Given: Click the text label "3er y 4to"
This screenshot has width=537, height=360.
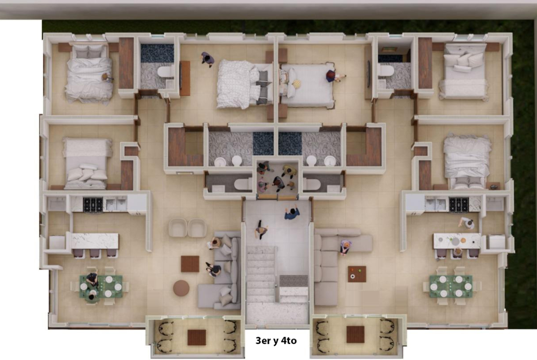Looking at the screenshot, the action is (276, 340).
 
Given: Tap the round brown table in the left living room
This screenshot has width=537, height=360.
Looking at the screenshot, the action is (181, 288).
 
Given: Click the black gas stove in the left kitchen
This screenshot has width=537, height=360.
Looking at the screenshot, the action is (93, 205).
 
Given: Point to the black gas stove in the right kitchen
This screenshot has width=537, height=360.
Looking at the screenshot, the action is (459, 205).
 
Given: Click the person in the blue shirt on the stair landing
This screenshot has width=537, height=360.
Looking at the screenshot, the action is (292, 214).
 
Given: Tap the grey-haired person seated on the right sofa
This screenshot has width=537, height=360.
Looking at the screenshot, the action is (345, 246).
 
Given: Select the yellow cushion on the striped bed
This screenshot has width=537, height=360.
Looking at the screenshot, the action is (296, 83).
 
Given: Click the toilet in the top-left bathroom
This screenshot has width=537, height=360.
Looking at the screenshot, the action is (165, 72).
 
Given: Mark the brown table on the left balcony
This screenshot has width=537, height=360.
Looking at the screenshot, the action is (196, 337).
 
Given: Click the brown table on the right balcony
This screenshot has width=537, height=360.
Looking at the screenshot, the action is (355, 334).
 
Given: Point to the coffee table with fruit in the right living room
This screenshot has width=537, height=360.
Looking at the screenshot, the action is (357, 274).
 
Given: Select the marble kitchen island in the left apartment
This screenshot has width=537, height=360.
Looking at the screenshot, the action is (95, 241).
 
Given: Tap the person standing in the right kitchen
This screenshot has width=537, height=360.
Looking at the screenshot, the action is (467, 223).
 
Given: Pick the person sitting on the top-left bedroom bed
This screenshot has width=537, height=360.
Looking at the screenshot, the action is (107, 78).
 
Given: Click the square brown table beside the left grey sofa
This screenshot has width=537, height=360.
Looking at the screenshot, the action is (190, 264).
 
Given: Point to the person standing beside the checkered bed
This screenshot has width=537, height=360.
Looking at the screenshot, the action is (207, 59).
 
